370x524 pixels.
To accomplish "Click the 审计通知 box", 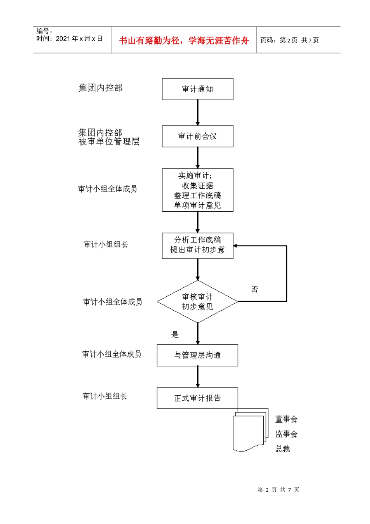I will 197,89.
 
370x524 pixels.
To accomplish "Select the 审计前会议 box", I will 197,136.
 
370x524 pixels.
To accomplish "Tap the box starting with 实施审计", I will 197,190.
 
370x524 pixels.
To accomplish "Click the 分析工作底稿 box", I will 197,245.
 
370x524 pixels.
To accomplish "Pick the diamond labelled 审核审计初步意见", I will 197,301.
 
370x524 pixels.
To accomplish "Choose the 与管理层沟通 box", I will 197,355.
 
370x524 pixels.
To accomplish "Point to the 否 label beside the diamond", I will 255,289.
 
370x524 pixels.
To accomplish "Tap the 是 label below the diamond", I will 175,334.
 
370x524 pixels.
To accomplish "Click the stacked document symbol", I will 250,431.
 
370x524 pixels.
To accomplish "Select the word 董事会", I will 286,419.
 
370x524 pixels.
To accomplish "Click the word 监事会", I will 286,434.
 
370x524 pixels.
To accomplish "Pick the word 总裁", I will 283,449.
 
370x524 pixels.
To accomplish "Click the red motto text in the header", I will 184,41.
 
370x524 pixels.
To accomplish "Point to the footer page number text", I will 278,490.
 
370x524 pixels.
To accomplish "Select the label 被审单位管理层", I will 109,142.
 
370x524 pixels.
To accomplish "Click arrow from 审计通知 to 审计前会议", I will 197,113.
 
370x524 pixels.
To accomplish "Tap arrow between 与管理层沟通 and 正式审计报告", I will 197,377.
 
